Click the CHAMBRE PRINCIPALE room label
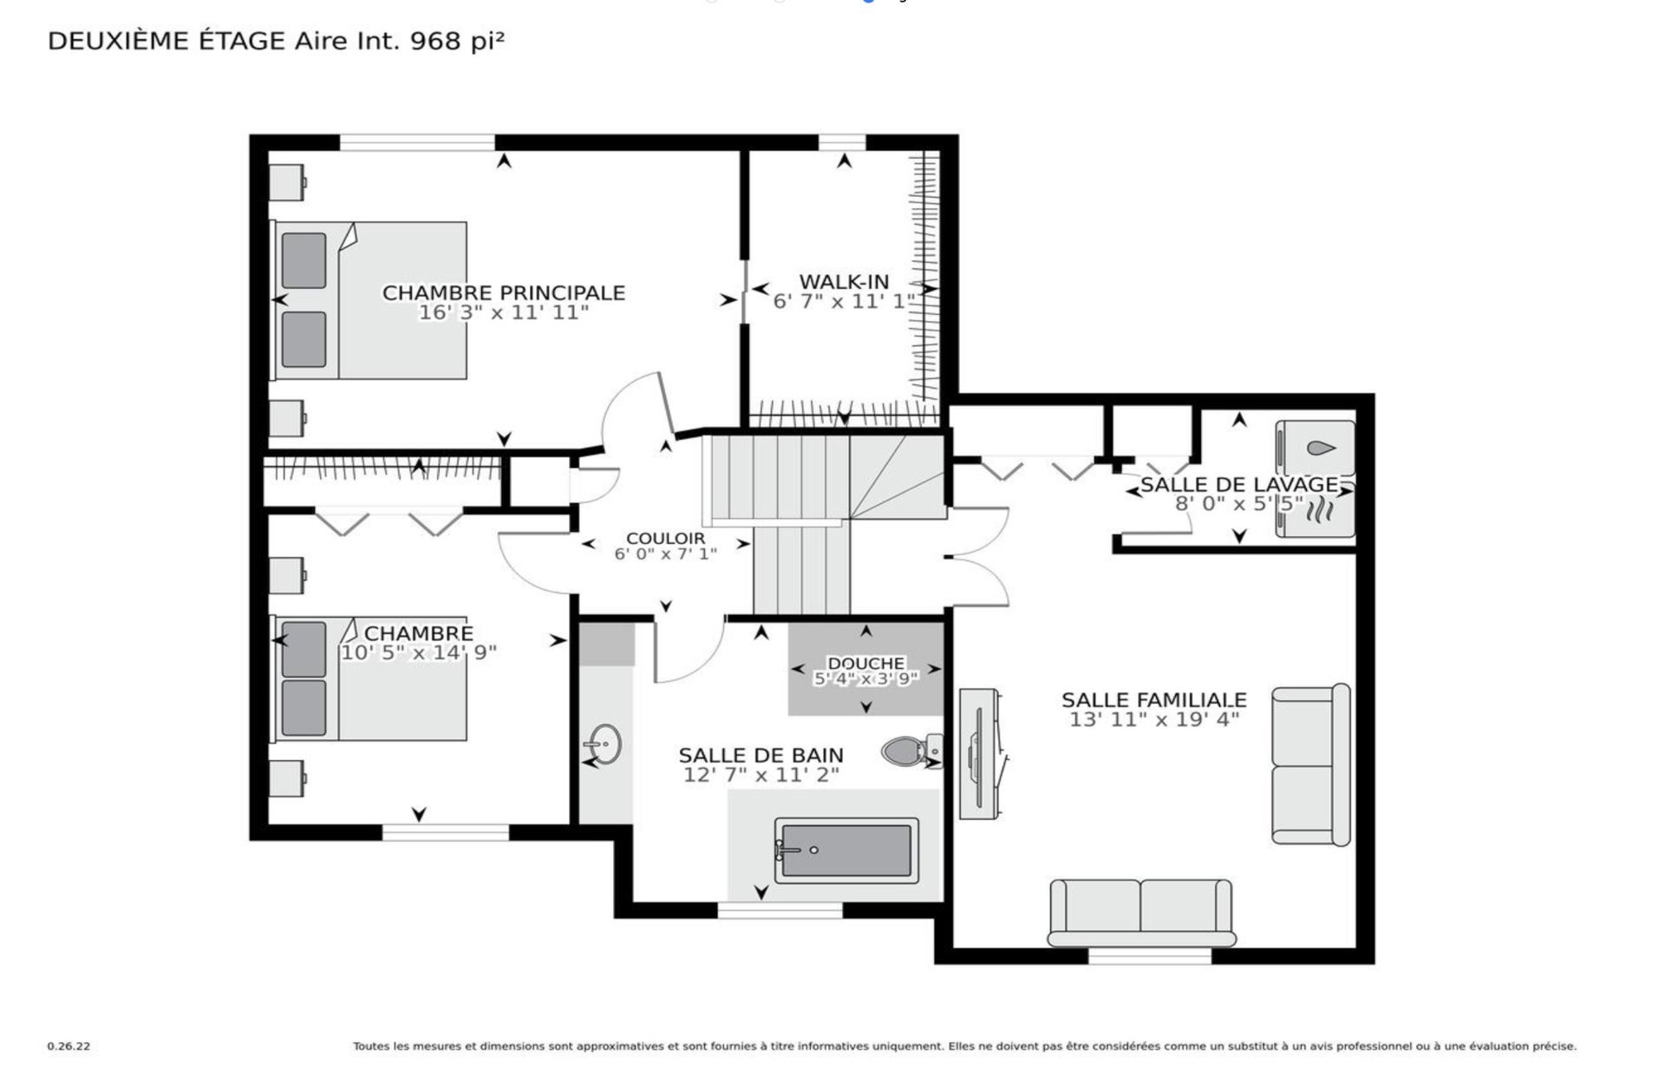point(504,292)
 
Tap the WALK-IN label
point(844,281)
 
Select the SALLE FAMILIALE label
point(1154,699)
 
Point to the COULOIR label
point(666,539)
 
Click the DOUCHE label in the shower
point(865,664)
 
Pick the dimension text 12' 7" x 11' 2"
point(761,775)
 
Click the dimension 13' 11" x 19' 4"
point(1154,719)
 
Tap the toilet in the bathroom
point(911,751)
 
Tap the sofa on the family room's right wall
point(1311,764)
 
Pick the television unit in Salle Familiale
point(981,754)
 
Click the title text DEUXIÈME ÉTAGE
point(166,41)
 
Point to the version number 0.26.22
point(69,1046)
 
